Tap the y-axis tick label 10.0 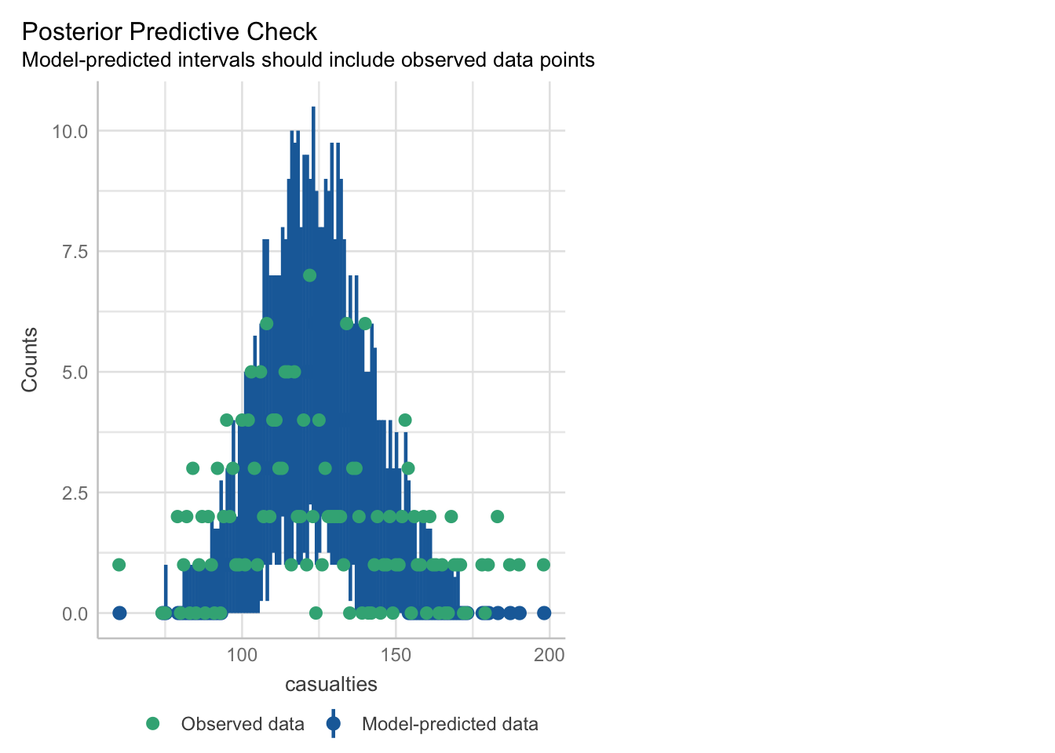point(70,132)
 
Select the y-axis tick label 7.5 point(75,253)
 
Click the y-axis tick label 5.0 point(75,373)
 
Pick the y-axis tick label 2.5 point(75,493)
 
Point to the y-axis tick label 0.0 point(75,614)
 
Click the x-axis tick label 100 point(242,655)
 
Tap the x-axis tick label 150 point(396,655)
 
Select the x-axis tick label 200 point(549,655)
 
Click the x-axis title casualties point(331,684)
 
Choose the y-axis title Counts point(30,360)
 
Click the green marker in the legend point(152,724)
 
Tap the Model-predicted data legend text point(450,724)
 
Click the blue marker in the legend point(334,724)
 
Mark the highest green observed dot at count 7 point(309,275)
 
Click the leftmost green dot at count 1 point(119,565)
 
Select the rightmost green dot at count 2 point(498,517)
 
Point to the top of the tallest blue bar point(313,107)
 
